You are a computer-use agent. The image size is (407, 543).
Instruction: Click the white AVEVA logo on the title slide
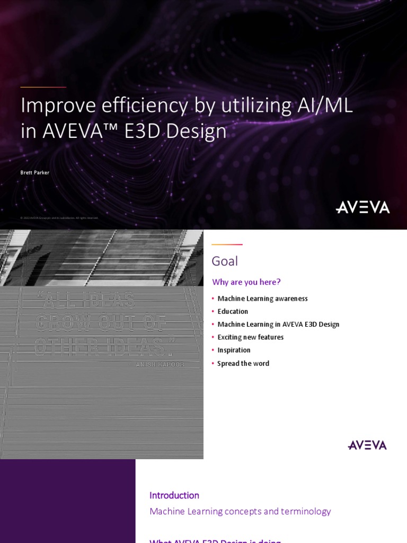(x=362, y=207)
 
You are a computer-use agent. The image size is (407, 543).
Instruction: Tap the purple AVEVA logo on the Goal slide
(x=367, y=445)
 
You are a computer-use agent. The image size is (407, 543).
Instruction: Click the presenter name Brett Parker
(x=35, y=173)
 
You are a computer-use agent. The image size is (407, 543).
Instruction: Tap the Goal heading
(x=225, y=261)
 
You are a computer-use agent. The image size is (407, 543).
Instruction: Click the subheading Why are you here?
(x=246, y=282)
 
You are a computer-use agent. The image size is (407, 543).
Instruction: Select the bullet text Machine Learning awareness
(x=262, y=299)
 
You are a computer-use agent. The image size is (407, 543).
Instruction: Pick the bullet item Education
(x=233, y=311)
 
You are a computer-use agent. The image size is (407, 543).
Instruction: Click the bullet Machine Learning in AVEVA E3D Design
(x=278, y=325)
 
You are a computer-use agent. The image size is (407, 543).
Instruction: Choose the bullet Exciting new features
(x=251, y=337)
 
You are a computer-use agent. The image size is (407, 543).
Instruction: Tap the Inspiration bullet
(x=234, y=350)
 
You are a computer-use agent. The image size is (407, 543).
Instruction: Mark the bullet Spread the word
(x=243, y=363)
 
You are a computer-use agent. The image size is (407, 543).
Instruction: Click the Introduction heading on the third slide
(x=174, y=495)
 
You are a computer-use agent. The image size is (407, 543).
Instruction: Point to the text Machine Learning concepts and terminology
(x=240, y=511)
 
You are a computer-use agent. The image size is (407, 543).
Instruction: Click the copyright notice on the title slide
(x=59, y=218)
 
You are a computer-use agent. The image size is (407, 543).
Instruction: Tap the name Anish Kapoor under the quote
(x=160, y=364)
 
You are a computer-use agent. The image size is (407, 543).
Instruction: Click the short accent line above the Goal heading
(x=227, y=244)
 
